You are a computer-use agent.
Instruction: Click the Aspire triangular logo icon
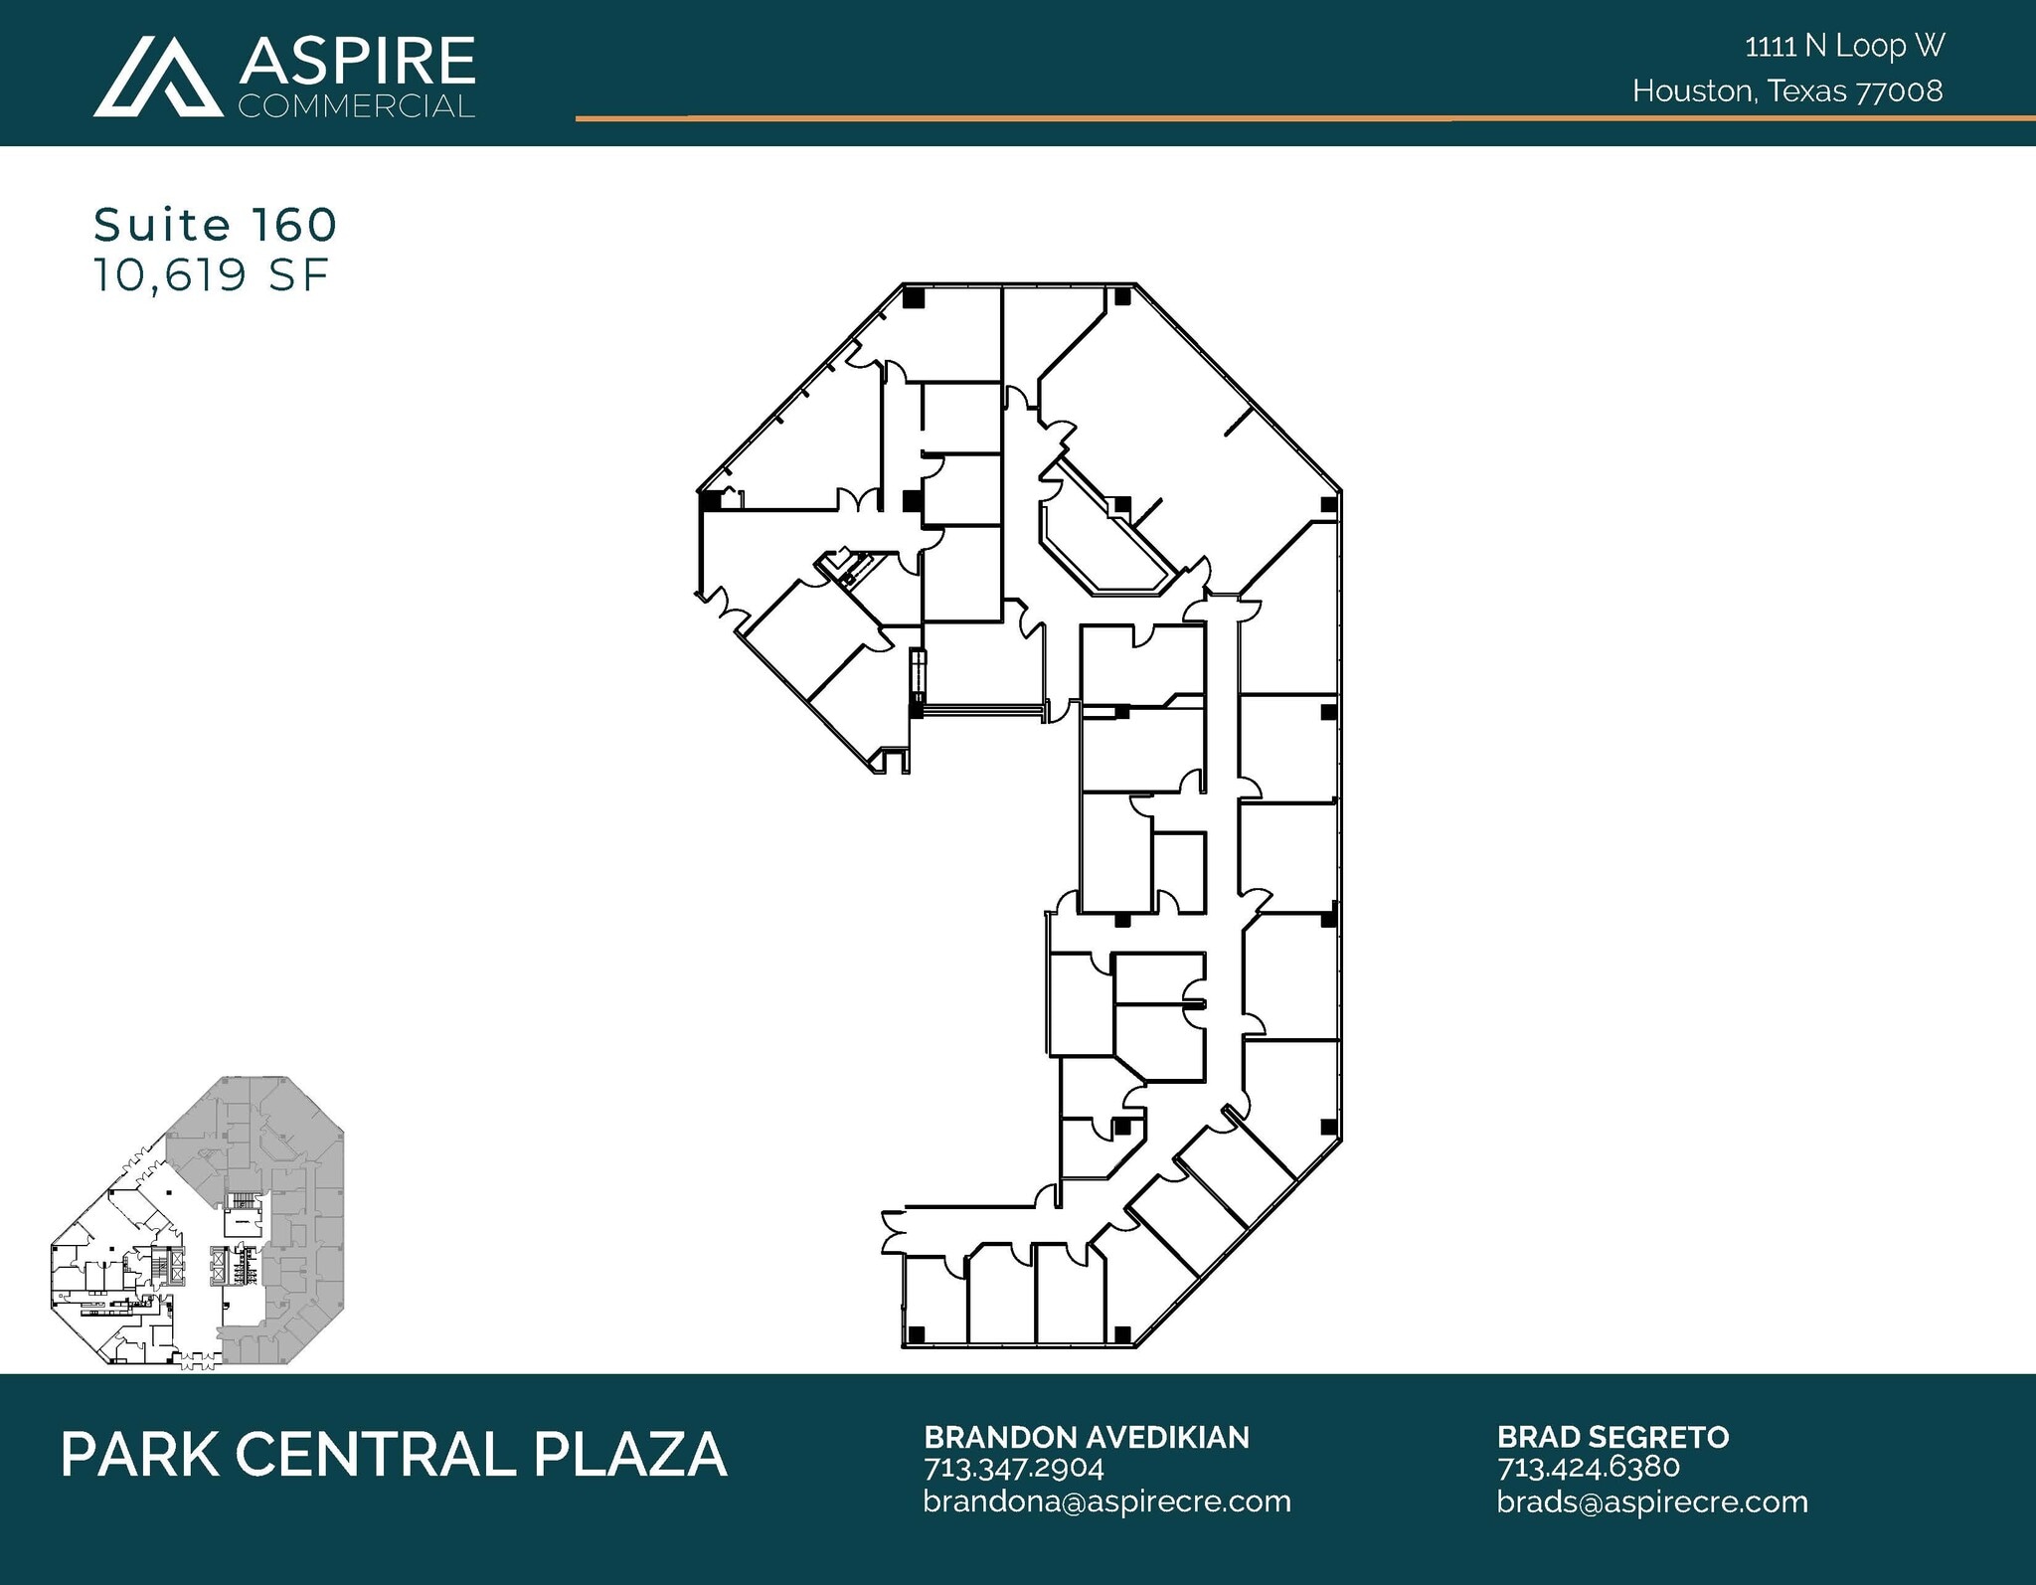tap(157, 78)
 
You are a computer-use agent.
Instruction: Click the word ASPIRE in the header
tap(356, 62)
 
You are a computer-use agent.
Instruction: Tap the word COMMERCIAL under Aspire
tap(356, 106)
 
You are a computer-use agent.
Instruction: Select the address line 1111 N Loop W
tap(1844, 46)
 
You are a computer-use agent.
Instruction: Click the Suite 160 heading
tap(216, 226)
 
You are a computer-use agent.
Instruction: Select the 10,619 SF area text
tap(211, 275)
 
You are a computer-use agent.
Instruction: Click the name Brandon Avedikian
tap(1087, 1437)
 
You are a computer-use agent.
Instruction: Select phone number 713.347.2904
tap(1014, 1468)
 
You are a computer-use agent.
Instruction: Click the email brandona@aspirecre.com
tap(1106, 1501)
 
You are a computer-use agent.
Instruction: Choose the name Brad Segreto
tap(1612, 1437)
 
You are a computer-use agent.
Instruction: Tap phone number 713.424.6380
tap(1588, 1468)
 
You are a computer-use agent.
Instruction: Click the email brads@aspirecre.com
tap(1651, 1501)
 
